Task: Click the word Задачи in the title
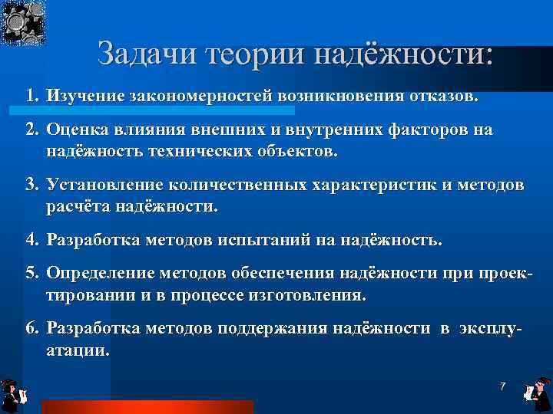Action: (x=145, y=55)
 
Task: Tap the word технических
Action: (x=202, y=150)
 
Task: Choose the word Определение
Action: (x=101, y=274)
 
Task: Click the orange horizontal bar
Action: (x=147, y=406)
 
